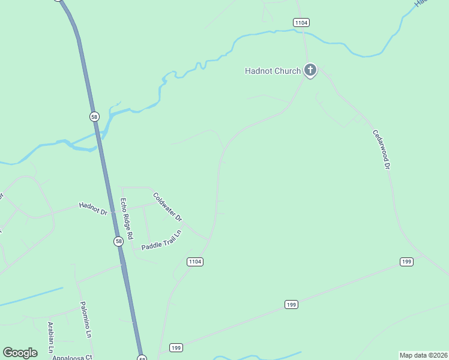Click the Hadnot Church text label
click(273, 71)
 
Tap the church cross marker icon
click(310, 71)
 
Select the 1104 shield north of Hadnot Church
click(301, 22)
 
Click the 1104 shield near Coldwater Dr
click(195, 262)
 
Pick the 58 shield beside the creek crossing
click(94, 116)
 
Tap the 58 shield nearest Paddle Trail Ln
click(119, 241)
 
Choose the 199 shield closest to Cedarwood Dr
click(406, 262)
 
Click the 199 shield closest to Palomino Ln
click(176, 347)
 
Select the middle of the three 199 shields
click(291, 305)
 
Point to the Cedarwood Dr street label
click(382, 149)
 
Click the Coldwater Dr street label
click(167, 206)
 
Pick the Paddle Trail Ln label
click(161, 241)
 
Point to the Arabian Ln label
click(51, 337)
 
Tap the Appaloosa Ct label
click(71, 357)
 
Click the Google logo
click(20, 352)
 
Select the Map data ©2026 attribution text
click(423, 355)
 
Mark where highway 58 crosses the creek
click(98, 139)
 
